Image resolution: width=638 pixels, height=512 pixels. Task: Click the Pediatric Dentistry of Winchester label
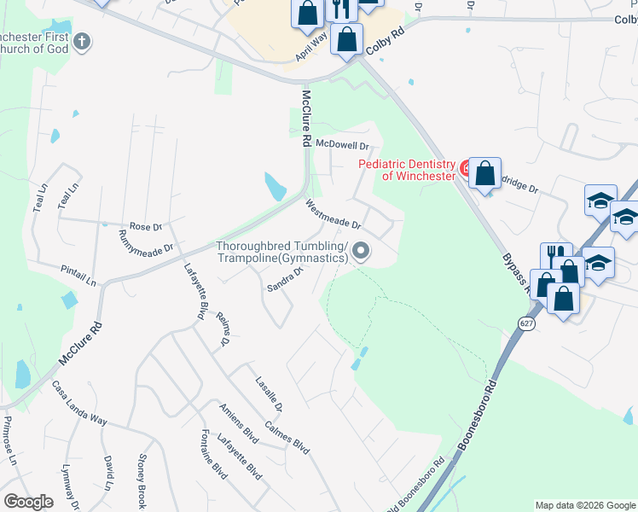point(406,170)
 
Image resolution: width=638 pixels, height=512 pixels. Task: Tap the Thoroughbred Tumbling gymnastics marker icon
point(361,251)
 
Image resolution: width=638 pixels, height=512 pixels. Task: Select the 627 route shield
point(525,323)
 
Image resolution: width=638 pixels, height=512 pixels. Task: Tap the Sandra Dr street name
point(287,278)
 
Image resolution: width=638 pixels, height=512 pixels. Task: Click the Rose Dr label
point(146,226)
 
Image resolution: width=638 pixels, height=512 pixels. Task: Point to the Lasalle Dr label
point(267,393)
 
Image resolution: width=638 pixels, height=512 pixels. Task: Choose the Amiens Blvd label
point(238,424)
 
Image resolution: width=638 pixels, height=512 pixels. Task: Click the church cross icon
point(82,40)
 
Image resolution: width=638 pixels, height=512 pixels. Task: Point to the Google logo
point(28,502)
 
